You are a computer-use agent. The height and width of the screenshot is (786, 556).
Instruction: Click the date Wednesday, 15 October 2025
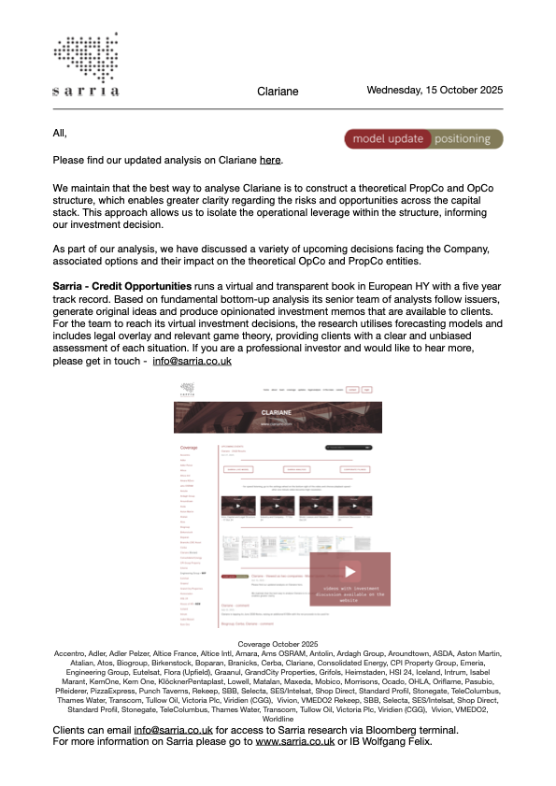coord(435,91)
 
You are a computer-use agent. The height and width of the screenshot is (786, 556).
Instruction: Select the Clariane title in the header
coord(278,92)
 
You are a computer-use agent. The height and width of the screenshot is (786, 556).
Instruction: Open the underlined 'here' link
coord(270,161)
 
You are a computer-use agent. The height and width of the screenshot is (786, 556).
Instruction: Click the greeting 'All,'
coord(61,133)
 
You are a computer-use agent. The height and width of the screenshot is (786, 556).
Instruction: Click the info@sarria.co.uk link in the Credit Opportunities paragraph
coord(192,360)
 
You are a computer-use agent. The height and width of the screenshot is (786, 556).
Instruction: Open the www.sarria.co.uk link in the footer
coord(295,741)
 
